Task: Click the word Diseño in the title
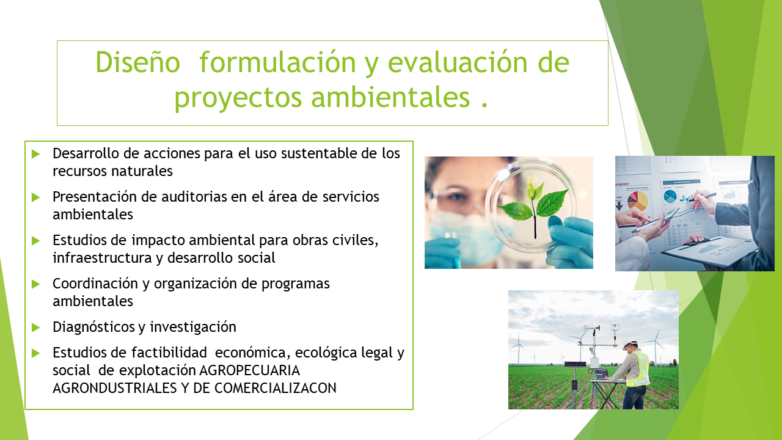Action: (x=138, y=62)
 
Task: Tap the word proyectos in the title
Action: (x=238, y=98)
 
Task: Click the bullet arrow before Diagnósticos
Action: (x=35, y=328)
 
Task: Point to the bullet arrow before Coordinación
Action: (x=35, y=284)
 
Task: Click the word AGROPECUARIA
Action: (x=249, y=370)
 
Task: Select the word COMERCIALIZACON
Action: (x=275, y=388)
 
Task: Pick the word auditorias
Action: (x=194, y=197)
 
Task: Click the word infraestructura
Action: (x=102, y=258)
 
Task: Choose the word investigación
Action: (x=193, y=328)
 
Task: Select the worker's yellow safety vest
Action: (x=638, y=369)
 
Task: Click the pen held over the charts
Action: (x=702, y=197)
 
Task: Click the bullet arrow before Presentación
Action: (x=35, y=197)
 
